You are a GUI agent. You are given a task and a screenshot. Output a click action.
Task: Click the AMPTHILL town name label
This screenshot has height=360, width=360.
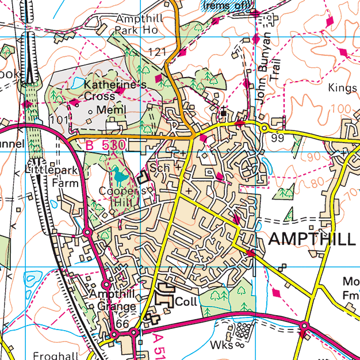click(x=312, y=239)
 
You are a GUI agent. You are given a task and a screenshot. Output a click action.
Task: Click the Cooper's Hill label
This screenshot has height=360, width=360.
click(x=118, y=196)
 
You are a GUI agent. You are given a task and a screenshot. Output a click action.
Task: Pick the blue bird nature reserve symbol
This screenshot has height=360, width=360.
click(x=119, y=174)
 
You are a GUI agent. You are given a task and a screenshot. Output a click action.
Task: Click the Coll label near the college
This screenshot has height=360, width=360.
click(x=186, y=301)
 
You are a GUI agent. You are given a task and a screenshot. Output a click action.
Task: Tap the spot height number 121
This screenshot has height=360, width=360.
click(x=157, y=53)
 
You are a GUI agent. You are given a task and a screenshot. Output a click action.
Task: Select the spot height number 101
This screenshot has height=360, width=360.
click(x=59, y=120)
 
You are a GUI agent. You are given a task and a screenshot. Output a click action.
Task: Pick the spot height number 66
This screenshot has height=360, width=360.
click(x=122, y=324)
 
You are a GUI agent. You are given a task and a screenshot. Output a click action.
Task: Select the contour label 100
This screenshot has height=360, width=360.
click(x=343, y=108)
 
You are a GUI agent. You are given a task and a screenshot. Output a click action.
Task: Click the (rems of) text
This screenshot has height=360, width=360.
click(x=227, y=5)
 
